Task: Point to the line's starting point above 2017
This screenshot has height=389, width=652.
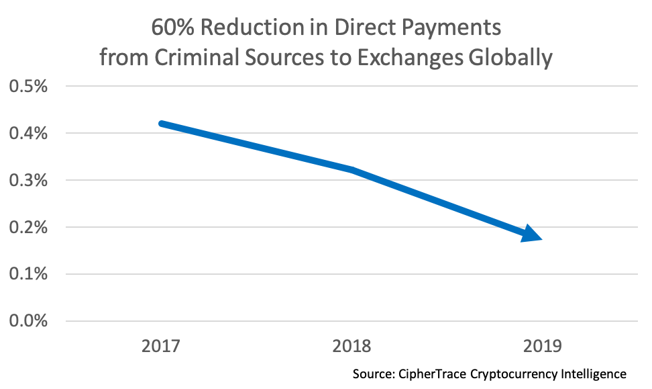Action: click(162, 124)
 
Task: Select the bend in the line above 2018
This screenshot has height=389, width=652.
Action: click(351, 169)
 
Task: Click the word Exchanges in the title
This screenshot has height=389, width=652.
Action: click(406, 58)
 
